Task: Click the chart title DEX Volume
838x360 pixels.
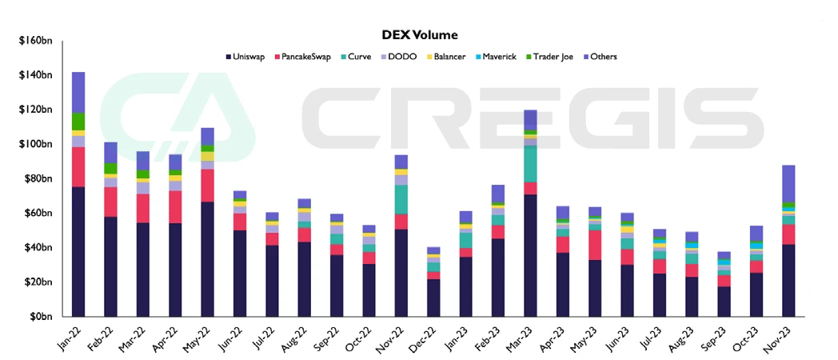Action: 420,34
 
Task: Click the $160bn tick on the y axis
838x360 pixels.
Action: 35,41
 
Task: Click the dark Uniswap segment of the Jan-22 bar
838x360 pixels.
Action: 78,252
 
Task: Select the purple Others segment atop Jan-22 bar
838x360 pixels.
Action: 78,92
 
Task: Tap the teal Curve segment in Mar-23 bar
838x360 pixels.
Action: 529,163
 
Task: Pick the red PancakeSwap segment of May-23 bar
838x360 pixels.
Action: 594,245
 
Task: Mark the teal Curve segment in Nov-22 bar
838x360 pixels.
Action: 401,199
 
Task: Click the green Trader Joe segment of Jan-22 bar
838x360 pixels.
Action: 78,121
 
